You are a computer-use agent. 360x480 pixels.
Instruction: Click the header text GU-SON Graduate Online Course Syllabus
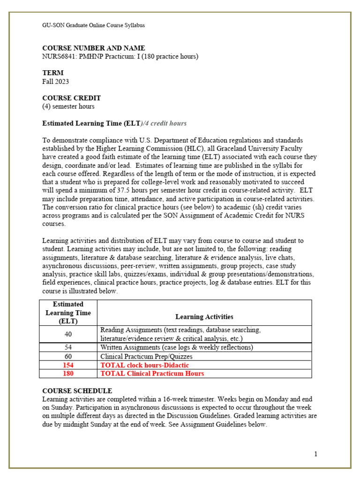pos(93,25)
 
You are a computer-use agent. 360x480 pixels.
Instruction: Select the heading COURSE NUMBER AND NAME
pos(94,48)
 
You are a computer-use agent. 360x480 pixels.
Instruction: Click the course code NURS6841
pos(60,57)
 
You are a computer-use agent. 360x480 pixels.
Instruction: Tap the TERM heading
pos(53,73)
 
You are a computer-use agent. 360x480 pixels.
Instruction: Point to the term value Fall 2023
pos(56,82)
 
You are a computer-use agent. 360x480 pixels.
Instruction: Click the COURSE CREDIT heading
pos(72,98)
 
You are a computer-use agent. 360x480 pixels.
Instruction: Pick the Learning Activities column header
pos(204,317)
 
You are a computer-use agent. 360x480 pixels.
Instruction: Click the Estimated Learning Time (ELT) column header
pos(68,313)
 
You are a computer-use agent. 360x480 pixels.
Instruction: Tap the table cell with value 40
pos(68,334)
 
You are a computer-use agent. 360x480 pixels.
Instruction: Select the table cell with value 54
pos(68,347)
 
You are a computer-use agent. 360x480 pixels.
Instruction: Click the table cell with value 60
pos(68,356)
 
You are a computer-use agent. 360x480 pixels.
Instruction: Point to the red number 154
pos(68,365)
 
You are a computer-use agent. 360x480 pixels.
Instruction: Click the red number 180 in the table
pos(68,374)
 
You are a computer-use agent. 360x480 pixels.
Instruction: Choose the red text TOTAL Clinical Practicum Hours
pos(152,374)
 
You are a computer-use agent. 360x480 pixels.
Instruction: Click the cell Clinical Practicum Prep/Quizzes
pos(146,356)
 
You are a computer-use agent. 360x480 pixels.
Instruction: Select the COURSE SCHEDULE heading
pos(77,390)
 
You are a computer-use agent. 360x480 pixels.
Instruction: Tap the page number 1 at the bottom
pos(316,454)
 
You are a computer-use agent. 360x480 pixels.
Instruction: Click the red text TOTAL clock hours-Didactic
pos(145,365)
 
